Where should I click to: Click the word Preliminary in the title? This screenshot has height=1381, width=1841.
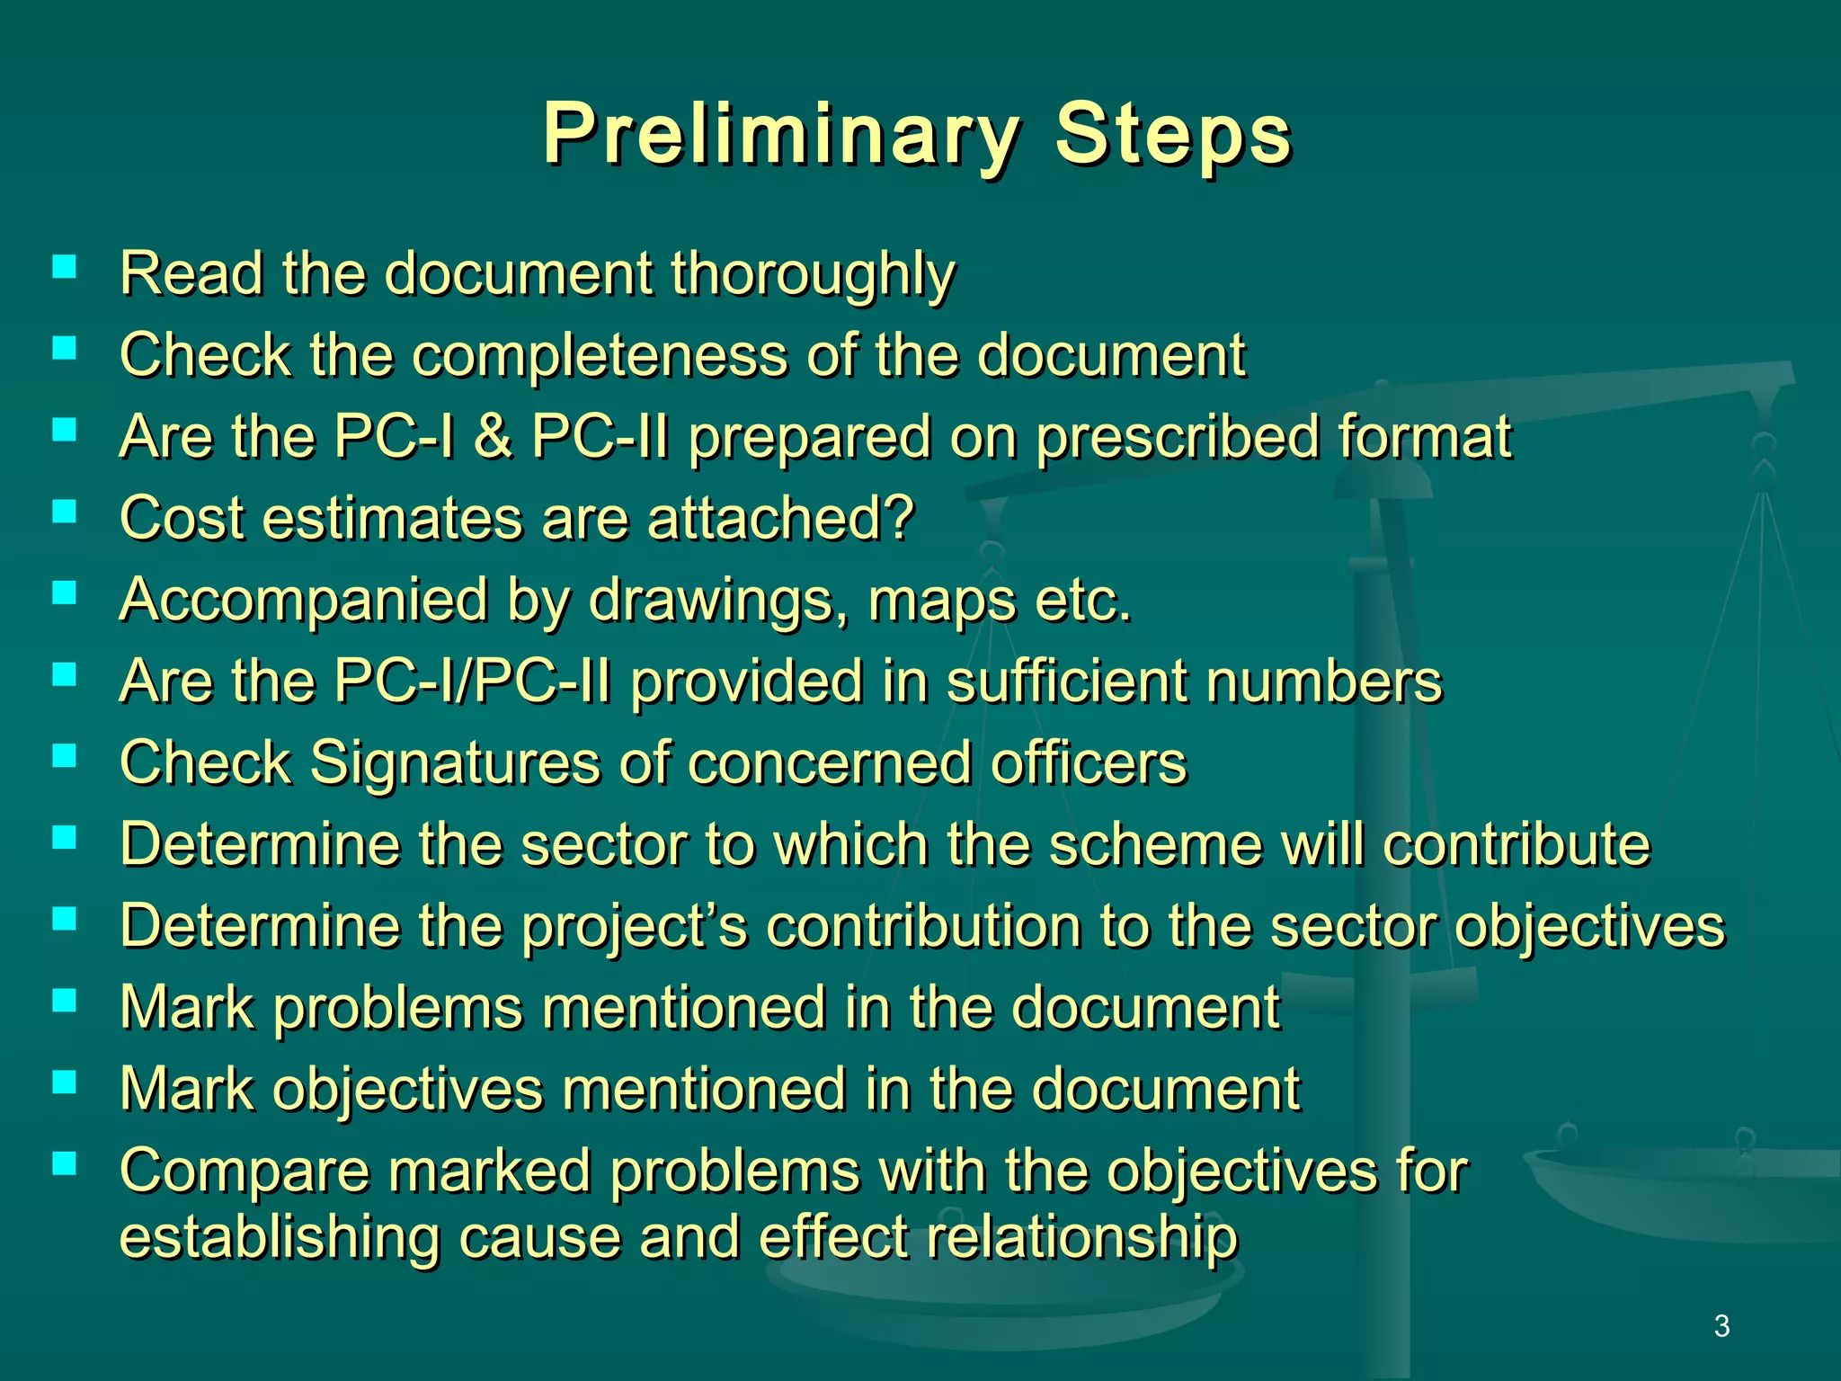pyautogui.click(x=780, y=135)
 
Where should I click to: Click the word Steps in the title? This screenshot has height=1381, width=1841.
pyautogui.click(x=1172, y=135)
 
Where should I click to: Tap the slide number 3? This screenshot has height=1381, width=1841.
pyautogui.click(x=1721, y=1326)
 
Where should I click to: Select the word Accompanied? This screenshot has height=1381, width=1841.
pyautogui.click(x=303, y=601)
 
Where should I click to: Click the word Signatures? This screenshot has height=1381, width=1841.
pyautogui.click(x=454, y=763)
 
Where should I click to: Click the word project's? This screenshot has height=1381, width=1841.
pyautogui.click(x=635, y=926)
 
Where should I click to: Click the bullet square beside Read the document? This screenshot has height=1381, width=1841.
pyautogui.click(x=64, y=266)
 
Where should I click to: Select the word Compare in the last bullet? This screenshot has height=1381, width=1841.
pyautogui.click(x=244, y=1172)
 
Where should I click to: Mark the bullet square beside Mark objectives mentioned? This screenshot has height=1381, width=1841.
pyautogui.click(x=64, y=1083)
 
